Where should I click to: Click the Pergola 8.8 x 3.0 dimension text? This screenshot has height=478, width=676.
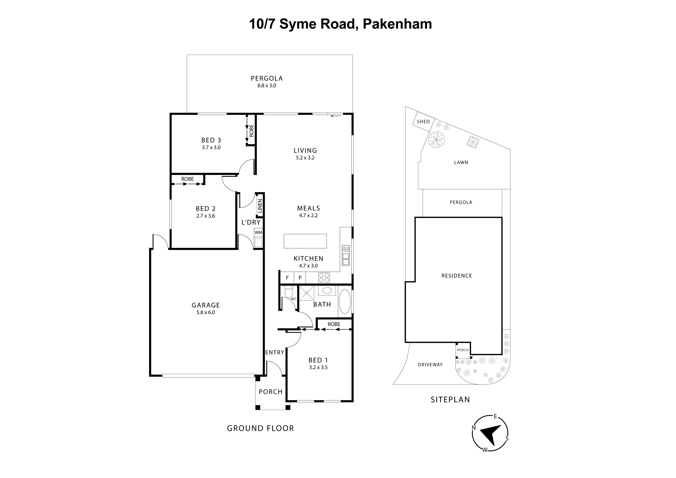(x=267, y=86)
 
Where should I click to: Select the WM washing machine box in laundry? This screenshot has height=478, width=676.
(x=258, y=233)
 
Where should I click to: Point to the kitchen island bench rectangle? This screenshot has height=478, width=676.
(x=305, y=241)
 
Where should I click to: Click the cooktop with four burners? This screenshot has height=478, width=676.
(x=324, y=277)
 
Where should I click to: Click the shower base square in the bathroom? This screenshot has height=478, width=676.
(x=307, y=293)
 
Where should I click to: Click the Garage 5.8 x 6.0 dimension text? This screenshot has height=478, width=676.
(x=206, y=313)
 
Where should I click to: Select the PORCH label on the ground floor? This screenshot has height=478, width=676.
(x=270, y=392)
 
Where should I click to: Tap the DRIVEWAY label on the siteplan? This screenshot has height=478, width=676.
(x=430, y=365)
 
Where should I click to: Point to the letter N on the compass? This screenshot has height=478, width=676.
(x=474, y=428)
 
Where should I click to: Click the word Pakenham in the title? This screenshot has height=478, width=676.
(x=397, y=24)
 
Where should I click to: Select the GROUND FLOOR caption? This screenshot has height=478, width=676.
(x=260, y=428)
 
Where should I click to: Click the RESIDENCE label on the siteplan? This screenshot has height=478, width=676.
(x=457, y=276)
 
